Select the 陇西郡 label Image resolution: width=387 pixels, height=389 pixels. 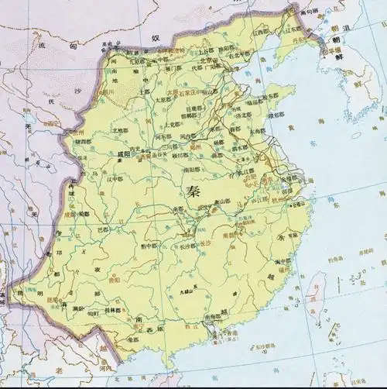click(x=84, y=142)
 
